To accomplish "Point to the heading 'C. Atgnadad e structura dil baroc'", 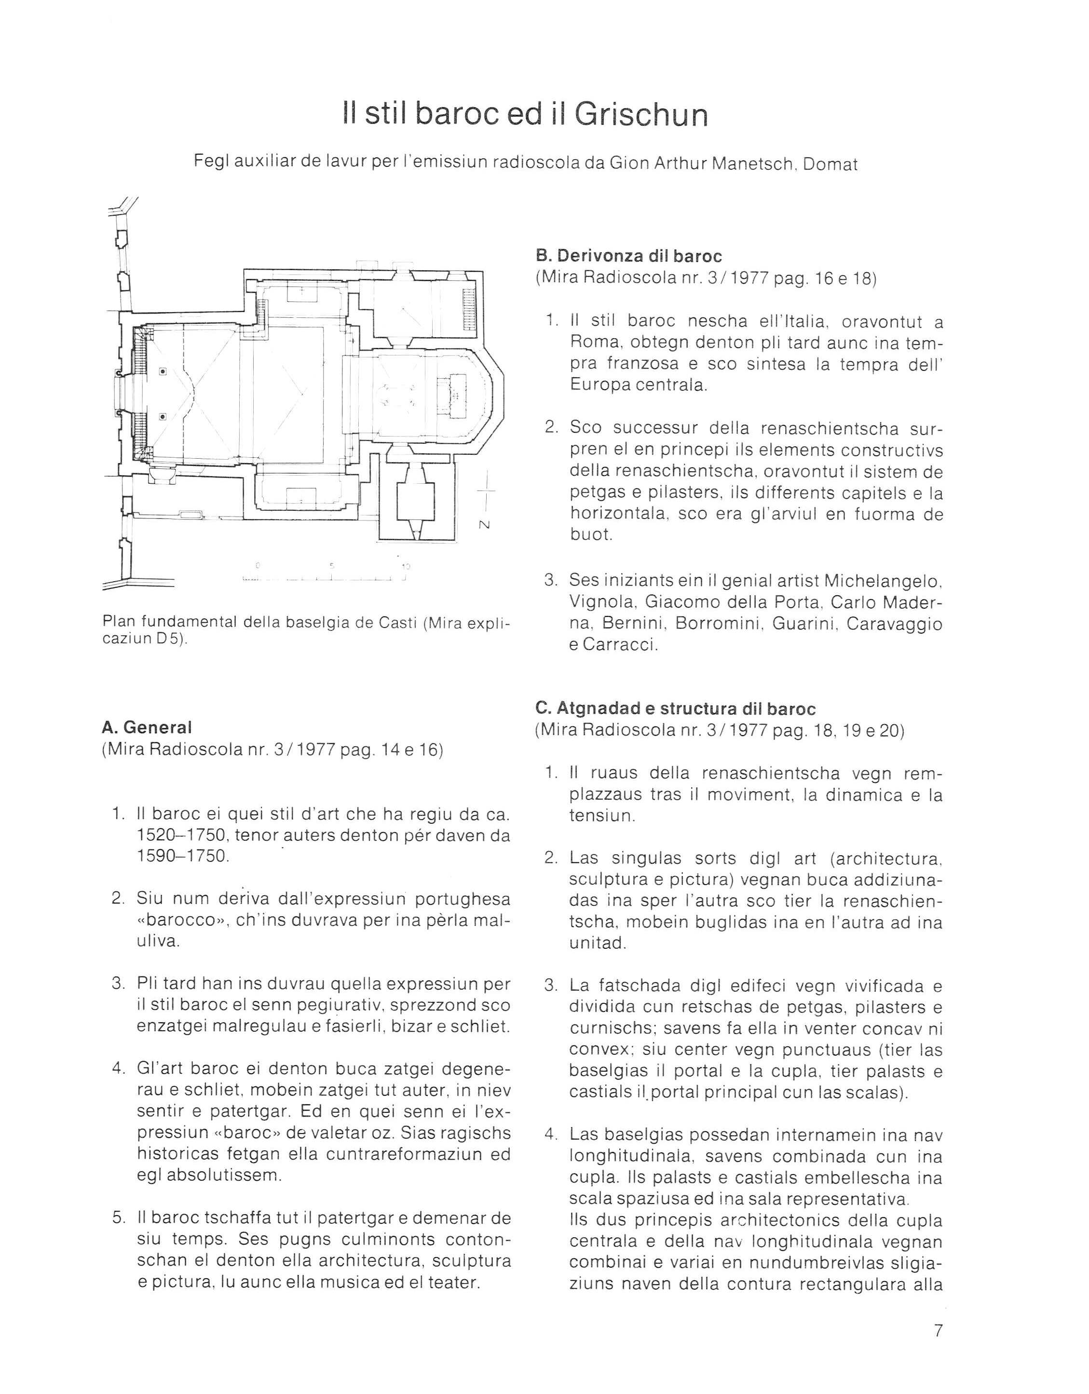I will (675, 709).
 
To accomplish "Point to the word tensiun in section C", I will (602, 816).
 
